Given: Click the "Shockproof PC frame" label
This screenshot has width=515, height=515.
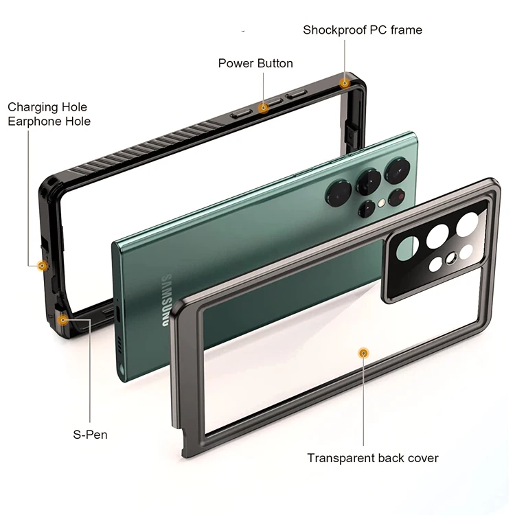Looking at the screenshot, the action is coord(363,30).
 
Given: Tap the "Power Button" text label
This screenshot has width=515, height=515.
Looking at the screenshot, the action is coord(255,63).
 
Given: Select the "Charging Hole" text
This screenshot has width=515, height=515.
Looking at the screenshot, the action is coord(47,107).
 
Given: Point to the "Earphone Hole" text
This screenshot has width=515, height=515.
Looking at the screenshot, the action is coord(49,122).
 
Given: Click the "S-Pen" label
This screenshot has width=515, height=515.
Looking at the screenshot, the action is coord(90,435).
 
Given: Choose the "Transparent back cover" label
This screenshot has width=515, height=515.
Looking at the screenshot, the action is coord(372,458).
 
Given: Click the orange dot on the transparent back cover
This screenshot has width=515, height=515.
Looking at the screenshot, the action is coord(363,353).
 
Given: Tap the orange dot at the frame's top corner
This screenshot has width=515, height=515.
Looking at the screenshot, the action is coord(345,83).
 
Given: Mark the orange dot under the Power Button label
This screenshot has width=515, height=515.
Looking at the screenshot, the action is coord(263,107).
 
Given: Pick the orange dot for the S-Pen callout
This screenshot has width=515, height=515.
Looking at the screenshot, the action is coord(63,319).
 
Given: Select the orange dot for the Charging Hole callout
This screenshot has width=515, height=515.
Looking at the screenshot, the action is coord(42,265).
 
